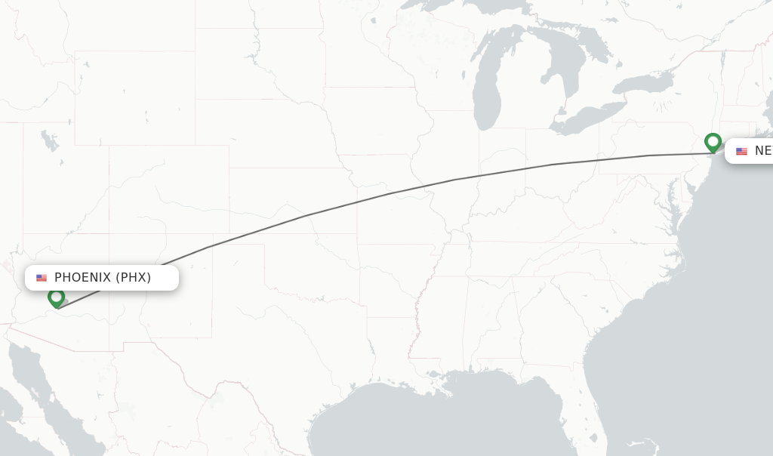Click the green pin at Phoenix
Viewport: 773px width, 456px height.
point(56,297)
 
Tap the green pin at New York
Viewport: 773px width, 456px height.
point(713,141)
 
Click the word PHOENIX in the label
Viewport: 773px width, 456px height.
point(82,278)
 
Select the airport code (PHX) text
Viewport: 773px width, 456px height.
point(134,278)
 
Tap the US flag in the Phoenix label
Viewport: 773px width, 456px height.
point(42,278)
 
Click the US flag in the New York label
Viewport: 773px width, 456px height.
point(741,151)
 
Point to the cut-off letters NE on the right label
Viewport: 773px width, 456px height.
point(762,151)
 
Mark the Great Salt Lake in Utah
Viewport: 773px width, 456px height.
point(50,140)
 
